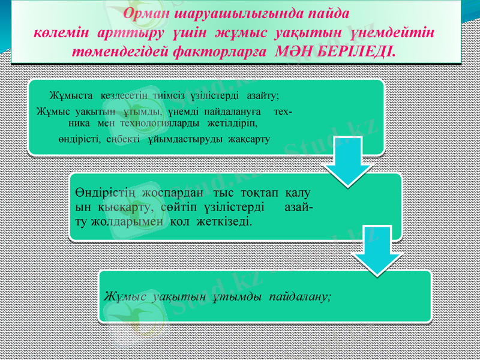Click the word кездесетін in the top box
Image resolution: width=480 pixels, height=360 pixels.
tap(125, 95)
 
